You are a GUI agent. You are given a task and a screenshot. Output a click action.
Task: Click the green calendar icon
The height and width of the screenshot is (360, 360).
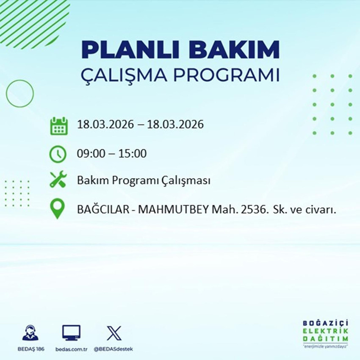point(59,126)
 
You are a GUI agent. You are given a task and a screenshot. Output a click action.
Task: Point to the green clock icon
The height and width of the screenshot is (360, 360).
point(57,154)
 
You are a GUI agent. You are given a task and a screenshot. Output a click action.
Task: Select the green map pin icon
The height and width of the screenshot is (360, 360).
point(57,209)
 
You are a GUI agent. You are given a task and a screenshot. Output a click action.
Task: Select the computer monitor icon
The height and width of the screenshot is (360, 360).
point(71,333)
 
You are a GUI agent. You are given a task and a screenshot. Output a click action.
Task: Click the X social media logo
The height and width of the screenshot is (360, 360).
point(113,333)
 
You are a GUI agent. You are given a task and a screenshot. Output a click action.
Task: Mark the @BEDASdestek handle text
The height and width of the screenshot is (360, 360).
point(113,349)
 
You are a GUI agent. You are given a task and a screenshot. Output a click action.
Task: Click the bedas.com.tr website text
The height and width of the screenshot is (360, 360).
point(71,349)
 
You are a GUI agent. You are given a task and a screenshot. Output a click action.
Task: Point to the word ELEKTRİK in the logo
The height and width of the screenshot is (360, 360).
point(326,331)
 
